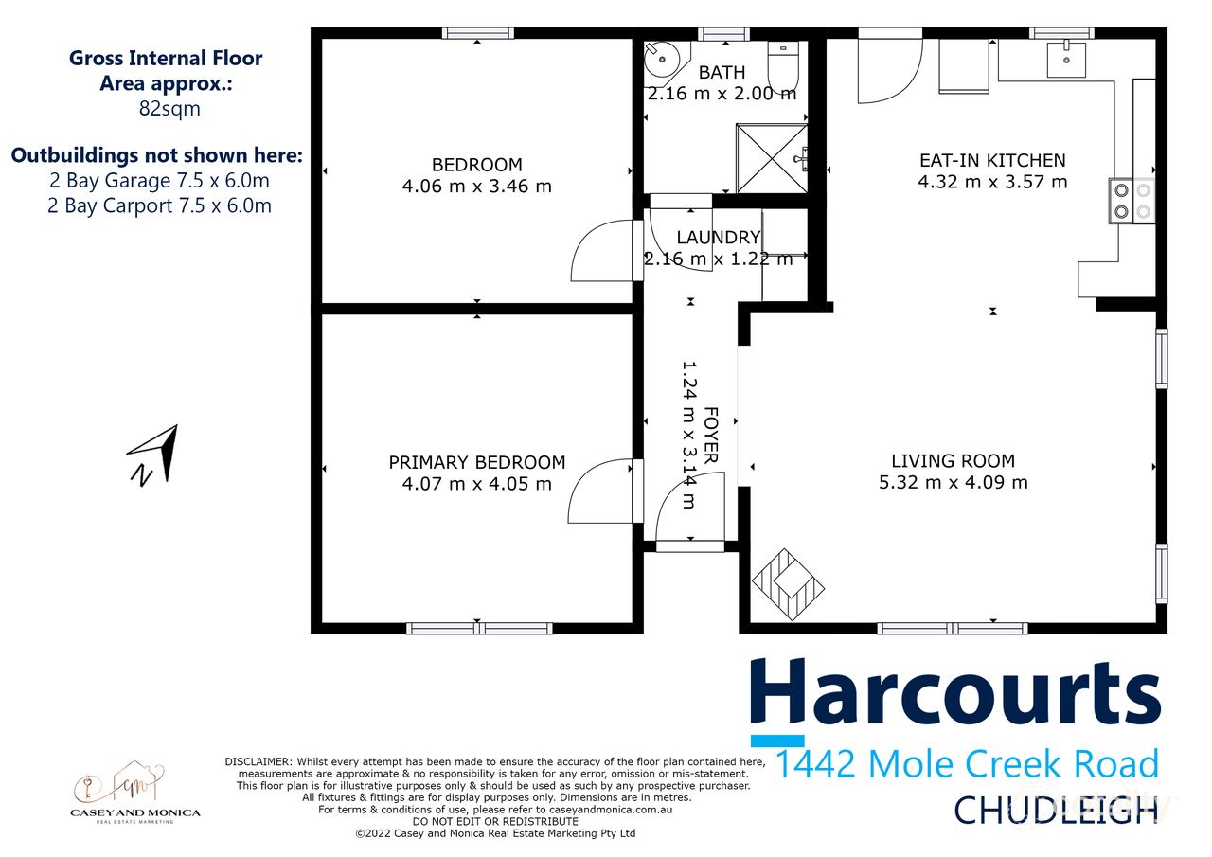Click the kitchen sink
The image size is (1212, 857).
(1072, 59)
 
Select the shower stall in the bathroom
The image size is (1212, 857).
(771, 157)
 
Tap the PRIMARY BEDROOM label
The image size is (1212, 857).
(476, 462)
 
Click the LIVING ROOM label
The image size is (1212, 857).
(953, 461)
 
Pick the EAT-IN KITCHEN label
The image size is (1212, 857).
(992, 160)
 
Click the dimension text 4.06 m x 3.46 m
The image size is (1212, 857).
(476, 187)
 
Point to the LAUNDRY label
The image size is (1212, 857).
(719, 238)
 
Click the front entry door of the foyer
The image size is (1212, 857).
(689, 514)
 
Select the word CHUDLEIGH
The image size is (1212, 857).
(1056, 811)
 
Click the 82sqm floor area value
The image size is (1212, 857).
(169, 108)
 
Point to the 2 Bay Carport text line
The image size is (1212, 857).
(159, 205)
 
